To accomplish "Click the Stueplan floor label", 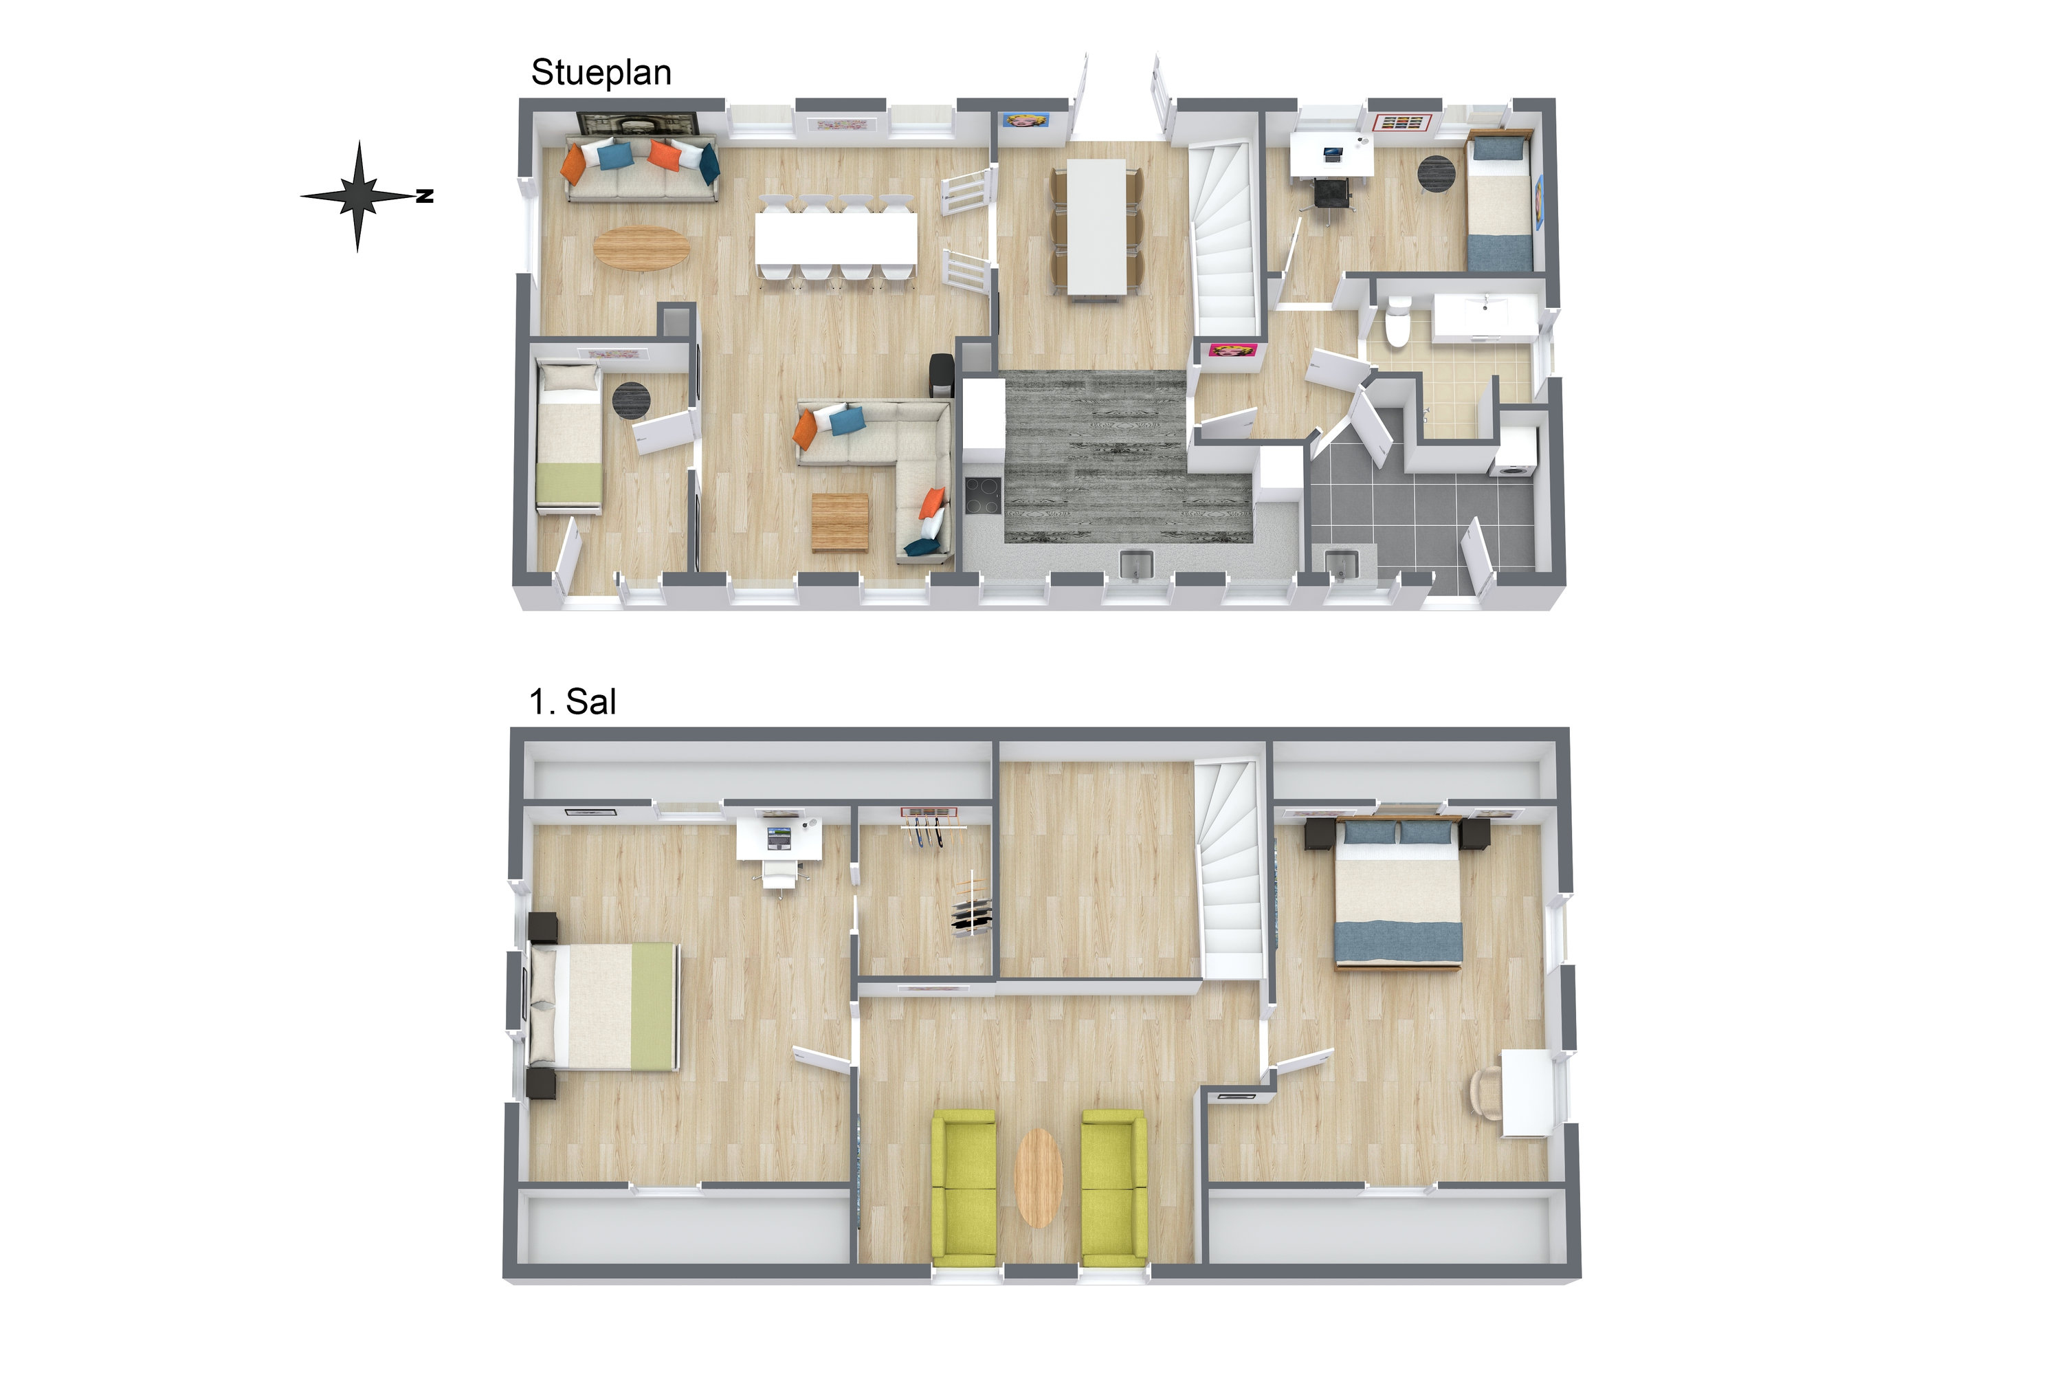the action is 601,74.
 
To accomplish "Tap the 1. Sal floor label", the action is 573,703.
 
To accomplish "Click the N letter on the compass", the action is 425,197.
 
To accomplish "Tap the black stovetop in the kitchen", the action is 984,496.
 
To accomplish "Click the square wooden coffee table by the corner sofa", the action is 840,522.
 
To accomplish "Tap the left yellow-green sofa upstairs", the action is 964,1187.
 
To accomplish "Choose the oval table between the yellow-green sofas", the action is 1039,1178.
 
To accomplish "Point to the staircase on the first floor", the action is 1232,870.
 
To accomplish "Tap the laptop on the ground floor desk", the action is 1332,154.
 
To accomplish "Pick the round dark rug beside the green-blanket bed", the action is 630,401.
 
